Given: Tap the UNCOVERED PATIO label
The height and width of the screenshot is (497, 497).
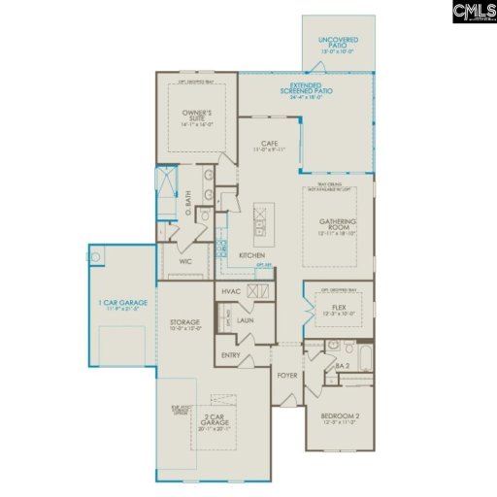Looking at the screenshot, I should coord(338,41).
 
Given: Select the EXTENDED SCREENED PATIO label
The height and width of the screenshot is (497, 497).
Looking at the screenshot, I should coord(311,89).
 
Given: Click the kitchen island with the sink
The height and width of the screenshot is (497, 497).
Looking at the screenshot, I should coord(259,224).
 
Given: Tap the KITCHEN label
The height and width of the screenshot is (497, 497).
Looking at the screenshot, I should coord(252,254).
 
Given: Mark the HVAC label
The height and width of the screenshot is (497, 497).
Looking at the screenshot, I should coord(231,291).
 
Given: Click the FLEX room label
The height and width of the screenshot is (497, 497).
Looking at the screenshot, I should coord(333,308).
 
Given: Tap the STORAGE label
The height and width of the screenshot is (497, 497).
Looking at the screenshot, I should coord(184,323).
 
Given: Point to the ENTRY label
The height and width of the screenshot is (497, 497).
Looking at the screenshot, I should coord(231,355).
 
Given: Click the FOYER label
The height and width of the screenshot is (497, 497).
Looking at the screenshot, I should coord(286,375).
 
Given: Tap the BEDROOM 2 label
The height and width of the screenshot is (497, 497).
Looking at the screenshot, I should coord(340,418).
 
